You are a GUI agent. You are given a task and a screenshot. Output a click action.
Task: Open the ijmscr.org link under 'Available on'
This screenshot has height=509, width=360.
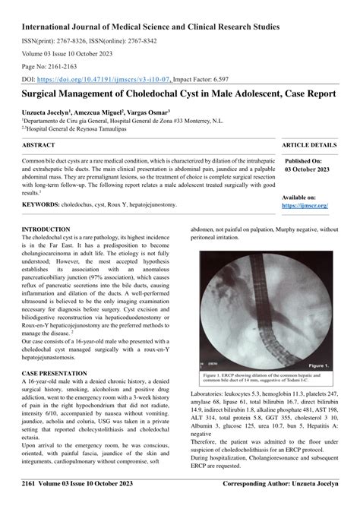[x=305, y=205]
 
